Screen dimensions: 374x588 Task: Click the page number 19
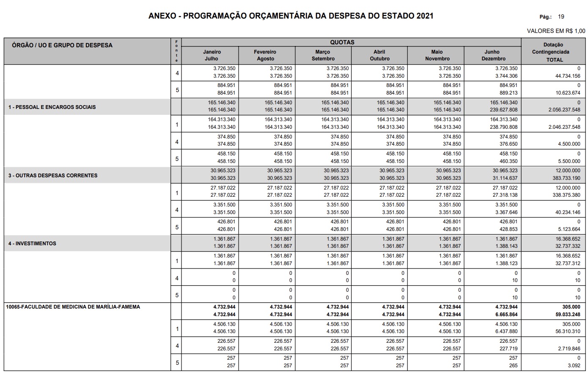tap(561, 17)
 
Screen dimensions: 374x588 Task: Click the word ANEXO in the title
tap(162, 16)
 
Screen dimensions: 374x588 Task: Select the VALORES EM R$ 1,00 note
tap(556, 31)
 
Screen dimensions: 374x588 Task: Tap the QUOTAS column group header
tap(342, 42)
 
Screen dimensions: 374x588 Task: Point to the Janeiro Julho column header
tap(212, 55)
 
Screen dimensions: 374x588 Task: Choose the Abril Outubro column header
tap(379, 55)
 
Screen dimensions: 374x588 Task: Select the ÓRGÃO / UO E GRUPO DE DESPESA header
tap(62, 45)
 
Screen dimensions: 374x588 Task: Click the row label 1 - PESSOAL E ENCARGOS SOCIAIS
tap(52, 107)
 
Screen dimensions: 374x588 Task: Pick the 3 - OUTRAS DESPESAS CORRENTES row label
tap(53, 176)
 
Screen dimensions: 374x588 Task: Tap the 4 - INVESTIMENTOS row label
tap(32, 244)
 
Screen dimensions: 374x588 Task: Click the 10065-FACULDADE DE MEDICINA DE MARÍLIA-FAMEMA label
tap(73, 307)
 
